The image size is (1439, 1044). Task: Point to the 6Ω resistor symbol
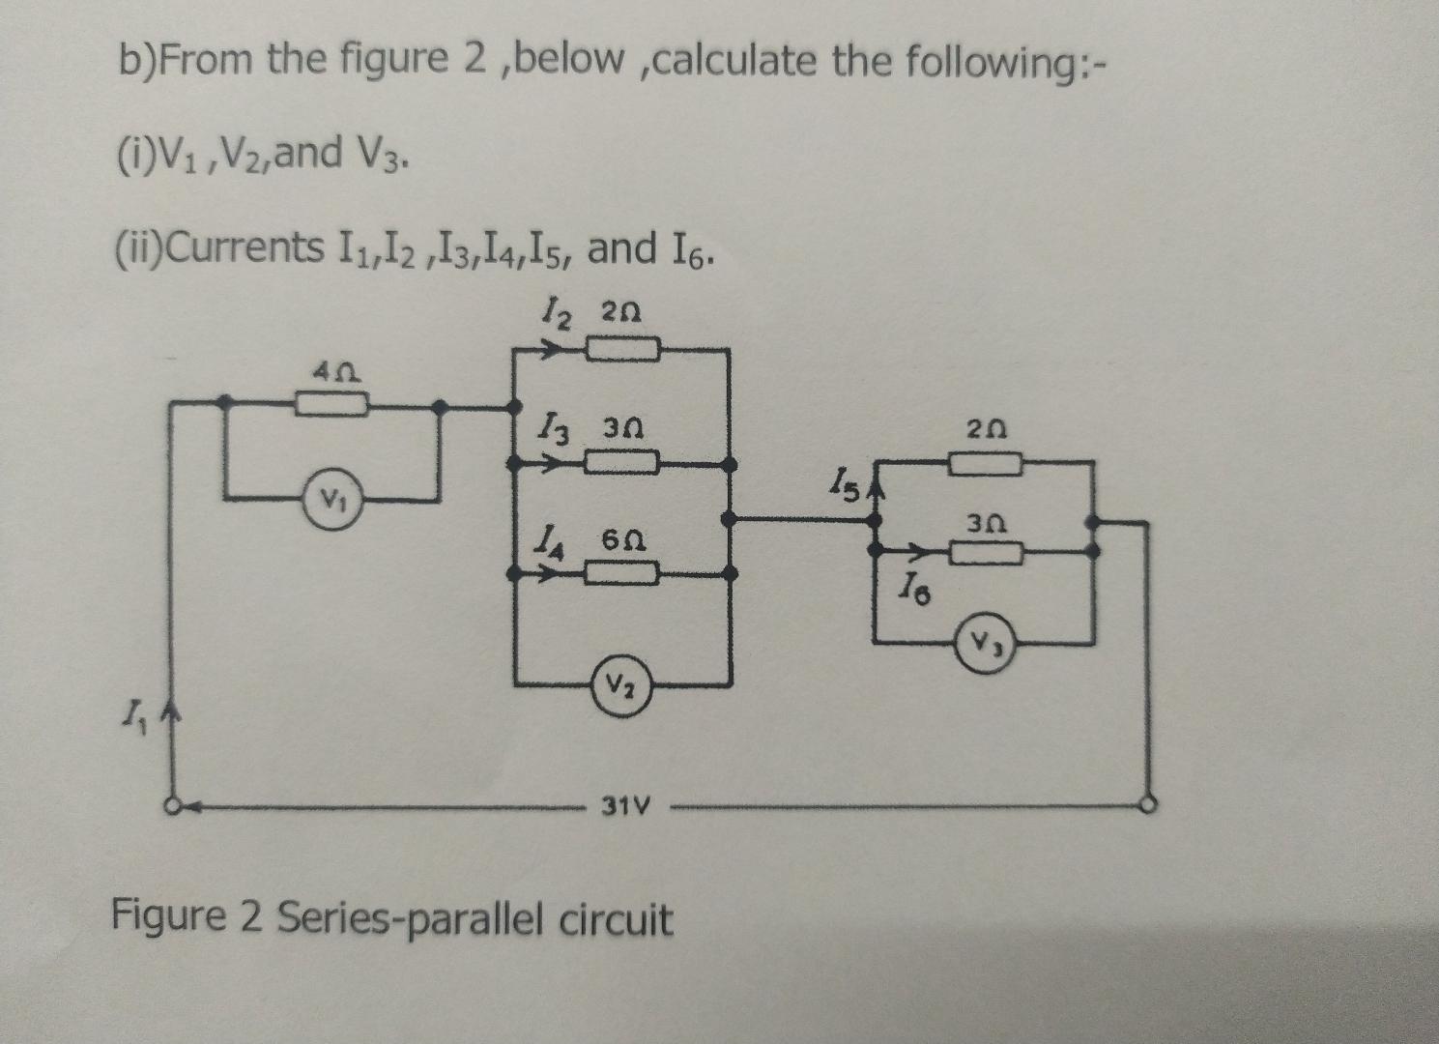[623, 575]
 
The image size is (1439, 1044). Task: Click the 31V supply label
[626, 804]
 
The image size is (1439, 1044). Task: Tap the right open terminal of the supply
[1149, 804]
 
